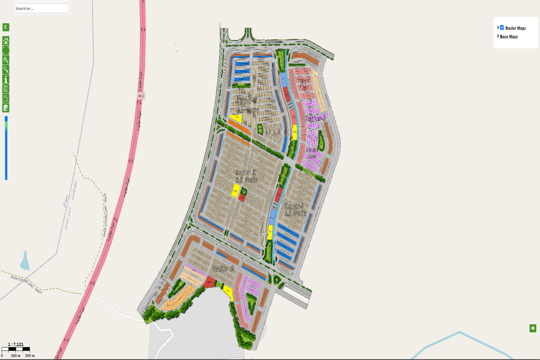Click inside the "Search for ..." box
tap(41, 8)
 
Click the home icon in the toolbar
tap(6, 41)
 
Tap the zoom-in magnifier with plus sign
tap(6, 60)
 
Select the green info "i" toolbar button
tap(6, 79)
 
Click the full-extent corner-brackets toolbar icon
tap(6, 50)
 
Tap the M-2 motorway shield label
tap(140, 95)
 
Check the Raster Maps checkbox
tap(502, 28)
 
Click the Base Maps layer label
tap(509, 37)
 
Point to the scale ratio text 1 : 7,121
tap(15, 344)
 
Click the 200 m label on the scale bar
tap(29, 355)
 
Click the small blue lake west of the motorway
tap(24, 261)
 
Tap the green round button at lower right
tap(533, 328)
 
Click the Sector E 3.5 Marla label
tap(246, 175)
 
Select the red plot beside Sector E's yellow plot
tap(241, 197)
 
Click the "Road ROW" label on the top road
tap(260, 42)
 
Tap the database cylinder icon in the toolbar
tap(6, 107)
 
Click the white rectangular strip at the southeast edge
tap(296, 294)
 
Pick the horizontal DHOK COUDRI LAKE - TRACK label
tap(26, 284)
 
